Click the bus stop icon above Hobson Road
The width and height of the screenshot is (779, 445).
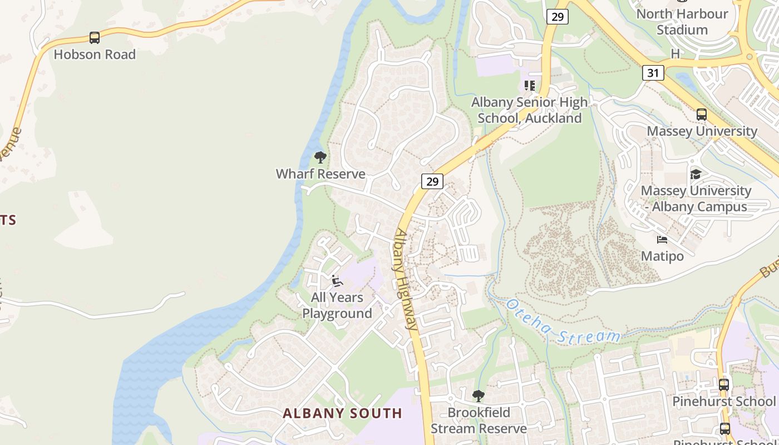(95, 38)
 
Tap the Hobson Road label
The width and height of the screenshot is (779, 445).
(95, 55)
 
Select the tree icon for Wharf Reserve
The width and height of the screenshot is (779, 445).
(320, 157)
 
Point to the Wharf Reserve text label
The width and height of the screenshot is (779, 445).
(321, 174)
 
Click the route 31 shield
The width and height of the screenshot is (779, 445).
(653, 72)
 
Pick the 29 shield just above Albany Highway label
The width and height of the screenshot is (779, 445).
(432, 181)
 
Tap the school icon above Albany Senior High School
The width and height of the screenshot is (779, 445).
(529, 86)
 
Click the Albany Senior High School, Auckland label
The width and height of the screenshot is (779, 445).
(529, 110)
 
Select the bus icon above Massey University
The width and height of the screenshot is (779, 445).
(702, 115)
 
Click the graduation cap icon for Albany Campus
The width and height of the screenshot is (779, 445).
(696, 174)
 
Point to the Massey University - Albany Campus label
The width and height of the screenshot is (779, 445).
(696, 199)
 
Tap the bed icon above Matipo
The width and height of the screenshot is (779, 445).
(662, 240)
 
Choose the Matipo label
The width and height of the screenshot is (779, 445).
(662, 256)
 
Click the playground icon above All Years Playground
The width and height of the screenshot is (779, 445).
(337, 281)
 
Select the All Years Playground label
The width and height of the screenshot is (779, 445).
(337, 305)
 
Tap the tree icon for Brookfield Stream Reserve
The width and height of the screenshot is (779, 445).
(478, 396)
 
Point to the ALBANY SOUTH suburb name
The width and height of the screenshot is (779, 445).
(342, 413)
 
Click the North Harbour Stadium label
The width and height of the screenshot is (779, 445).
(682, 22)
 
